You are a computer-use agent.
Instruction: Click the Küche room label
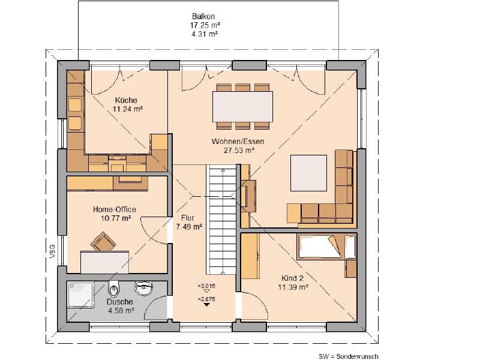click(126, 100)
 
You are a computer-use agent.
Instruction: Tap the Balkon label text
click(203, 16)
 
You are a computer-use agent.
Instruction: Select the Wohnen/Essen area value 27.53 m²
click(239, 151)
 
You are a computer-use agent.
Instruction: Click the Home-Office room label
click(115, 209)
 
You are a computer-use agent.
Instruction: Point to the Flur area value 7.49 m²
click(189, 227)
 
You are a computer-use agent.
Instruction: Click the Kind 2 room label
click(292, 278)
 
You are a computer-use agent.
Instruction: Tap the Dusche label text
click(119, 302)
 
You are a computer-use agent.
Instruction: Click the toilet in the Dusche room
click(114, 289)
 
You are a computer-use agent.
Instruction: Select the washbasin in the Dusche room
click(143, 288)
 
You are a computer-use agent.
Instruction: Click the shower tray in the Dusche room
click(80, 295)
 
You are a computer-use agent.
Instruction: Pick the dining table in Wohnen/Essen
click(242, 107)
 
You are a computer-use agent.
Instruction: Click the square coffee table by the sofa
click(308, 173)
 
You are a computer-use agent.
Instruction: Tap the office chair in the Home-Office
click(103, 241)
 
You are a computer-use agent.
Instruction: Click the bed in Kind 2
click(326, 247)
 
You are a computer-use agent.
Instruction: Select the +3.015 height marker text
click(206, 286)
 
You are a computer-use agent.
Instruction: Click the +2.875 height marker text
click(206, 299)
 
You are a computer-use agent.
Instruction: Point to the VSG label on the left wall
click(53, 251)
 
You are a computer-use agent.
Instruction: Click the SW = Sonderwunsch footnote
click(349, 356)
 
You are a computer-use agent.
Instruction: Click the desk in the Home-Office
click(104, 262)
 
